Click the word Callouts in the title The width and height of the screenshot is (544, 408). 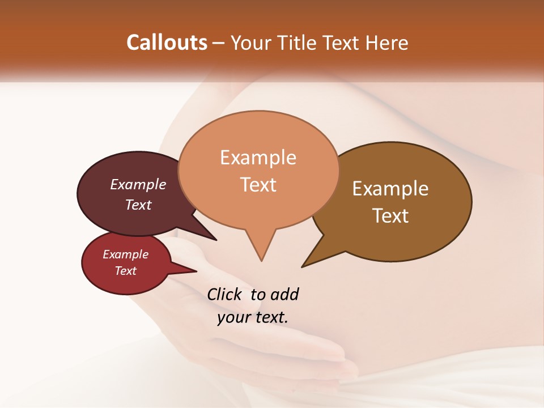click(x=167, y=42)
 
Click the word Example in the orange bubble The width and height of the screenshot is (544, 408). click(x=258, y=158)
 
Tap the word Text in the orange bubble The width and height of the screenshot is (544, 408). click(x=258, y=185)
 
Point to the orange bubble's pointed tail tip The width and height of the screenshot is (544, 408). click(x=261, y=261)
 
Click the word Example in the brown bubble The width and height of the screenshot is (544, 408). click(x=390, y=189)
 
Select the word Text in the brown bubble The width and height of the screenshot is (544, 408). click(x=390, y=216)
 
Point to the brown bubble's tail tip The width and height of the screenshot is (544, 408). click(x=302, y=266)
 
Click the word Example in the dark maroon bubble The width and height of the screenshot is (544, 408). click(x=138, y=185)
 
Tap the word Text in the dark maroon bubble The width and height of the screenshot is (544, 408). click(x=138, y=205)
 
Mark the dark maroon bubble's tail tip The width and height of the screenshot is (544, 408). click(x=216, y=240)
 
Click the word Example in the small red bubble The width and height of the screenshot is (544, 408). click(x=126, y=254)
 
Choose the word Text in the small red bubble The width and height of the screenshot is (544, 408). click(x=126, y=271)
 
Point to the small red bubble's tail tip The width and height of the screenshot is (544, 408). click(x=196, y=271)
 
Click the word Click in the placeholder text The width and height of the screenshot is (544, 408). click(x=225, y=294)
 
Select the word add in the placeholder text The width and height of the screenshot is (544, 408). click(x=284, y=294)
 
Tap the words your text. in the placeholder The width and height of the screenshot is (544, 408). click(x=253, y=317)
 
